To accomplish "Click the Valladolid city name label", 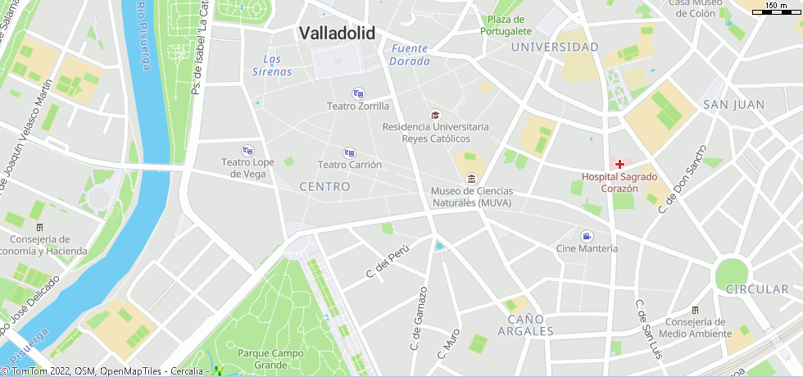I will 337,34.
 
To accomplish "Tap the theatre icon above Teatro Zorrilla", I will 357,93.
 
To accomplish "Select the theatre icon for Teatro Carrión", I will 350,152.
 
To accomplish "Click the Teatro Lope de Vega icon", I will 247,150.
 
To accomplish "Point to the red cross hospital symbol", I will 620,164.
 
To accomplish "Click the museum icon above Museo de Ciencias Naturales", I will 471,179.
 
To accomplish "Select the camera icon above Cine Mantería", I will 587,236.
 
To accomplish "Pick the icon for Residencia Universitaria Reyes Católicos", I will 435,115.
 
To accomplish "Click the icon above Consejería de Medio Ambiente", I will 695,310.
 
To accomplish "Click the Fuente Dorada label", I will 410,55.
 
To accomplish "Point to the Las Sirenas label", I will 272,66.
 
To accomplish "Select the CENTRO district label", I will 324,187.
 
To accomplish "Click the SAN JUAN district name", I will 733,104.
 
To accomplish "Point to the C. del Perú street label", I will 387,261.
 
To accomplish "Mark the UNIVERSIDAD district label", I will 555,48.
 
